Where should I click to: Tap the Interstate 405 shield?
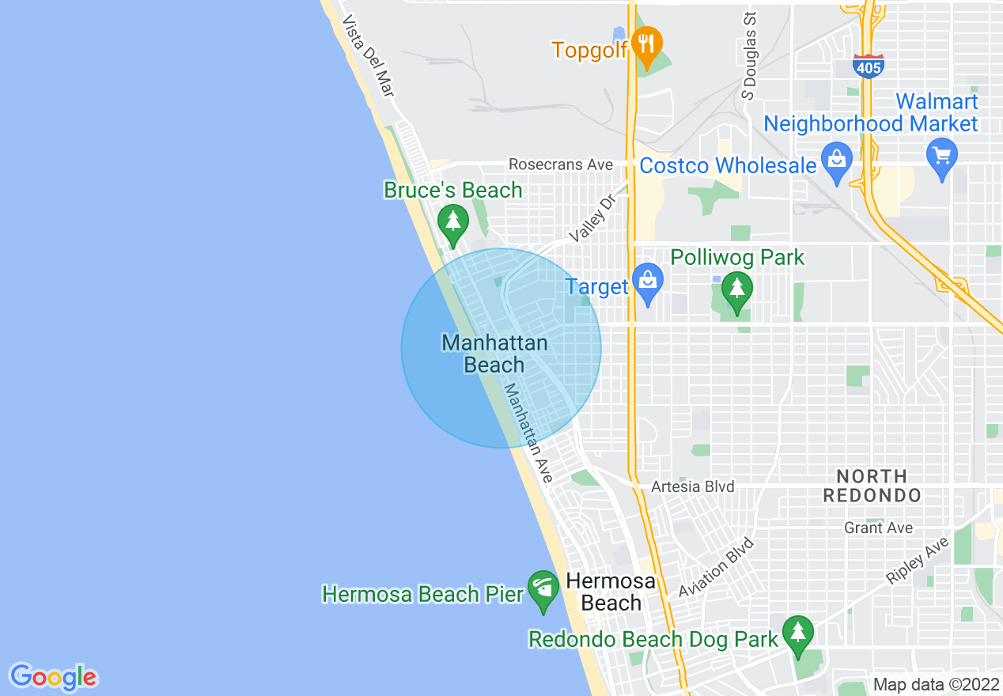pos(868,67)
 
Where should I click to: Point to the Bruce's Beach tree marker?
pos(452,223)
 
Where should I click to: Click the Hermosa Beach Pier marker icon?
pos(543,589)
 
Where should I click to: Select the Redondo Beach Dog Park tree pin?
pos(798,634)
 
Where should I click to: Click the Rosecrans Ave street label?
pos(561,165)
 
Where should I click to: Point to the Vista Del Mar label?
pos(368,55)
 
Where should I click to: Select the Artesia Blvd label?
pos(692,487)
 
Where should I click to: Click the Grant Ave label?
pos(878,528)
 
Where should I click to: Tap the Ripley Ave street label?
pos(917,561)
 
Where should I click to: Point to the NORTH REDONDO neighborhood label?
pos(872,486)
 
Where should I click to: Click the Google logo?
pos(53,676)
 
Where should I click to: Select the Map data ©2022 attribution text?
pos(936,684)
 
